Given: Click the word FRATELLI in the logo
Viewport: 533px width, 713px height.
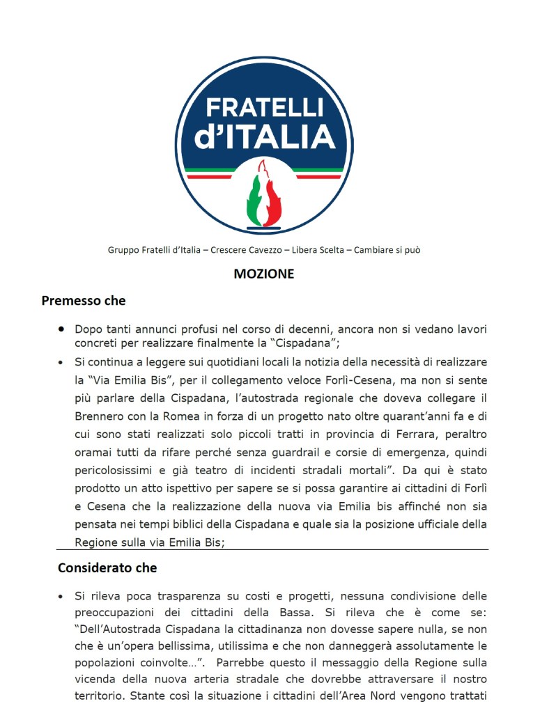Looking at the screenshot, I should pos(265,107).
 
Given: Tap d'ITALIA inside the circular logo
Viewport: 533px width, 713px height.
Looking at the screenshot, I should pos(265,137).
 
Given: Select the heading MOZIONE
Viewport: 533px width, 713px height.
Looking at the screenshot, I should pos(263,274).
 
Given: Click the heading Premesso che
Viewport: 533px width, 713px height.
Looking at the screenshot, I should pos(84,301).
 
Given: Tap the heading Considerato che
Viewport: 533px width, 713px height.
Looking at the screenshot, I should pos(107,567).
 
